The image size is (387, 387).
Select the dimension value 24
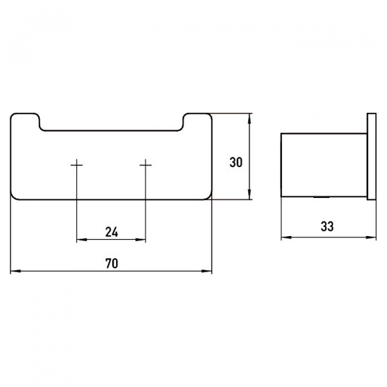[x=111, y=232]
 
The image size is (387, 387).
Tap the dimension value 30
[x=235, y=163]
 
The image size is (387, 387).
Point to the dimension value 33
[x=327, y=226]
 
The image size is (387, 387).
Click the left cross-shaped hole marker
[x=77, y=166]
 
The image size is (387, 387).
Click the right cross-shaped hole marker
[x=146, y=166]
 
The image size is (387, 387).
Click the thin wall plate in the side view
[x=371, y=158]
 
